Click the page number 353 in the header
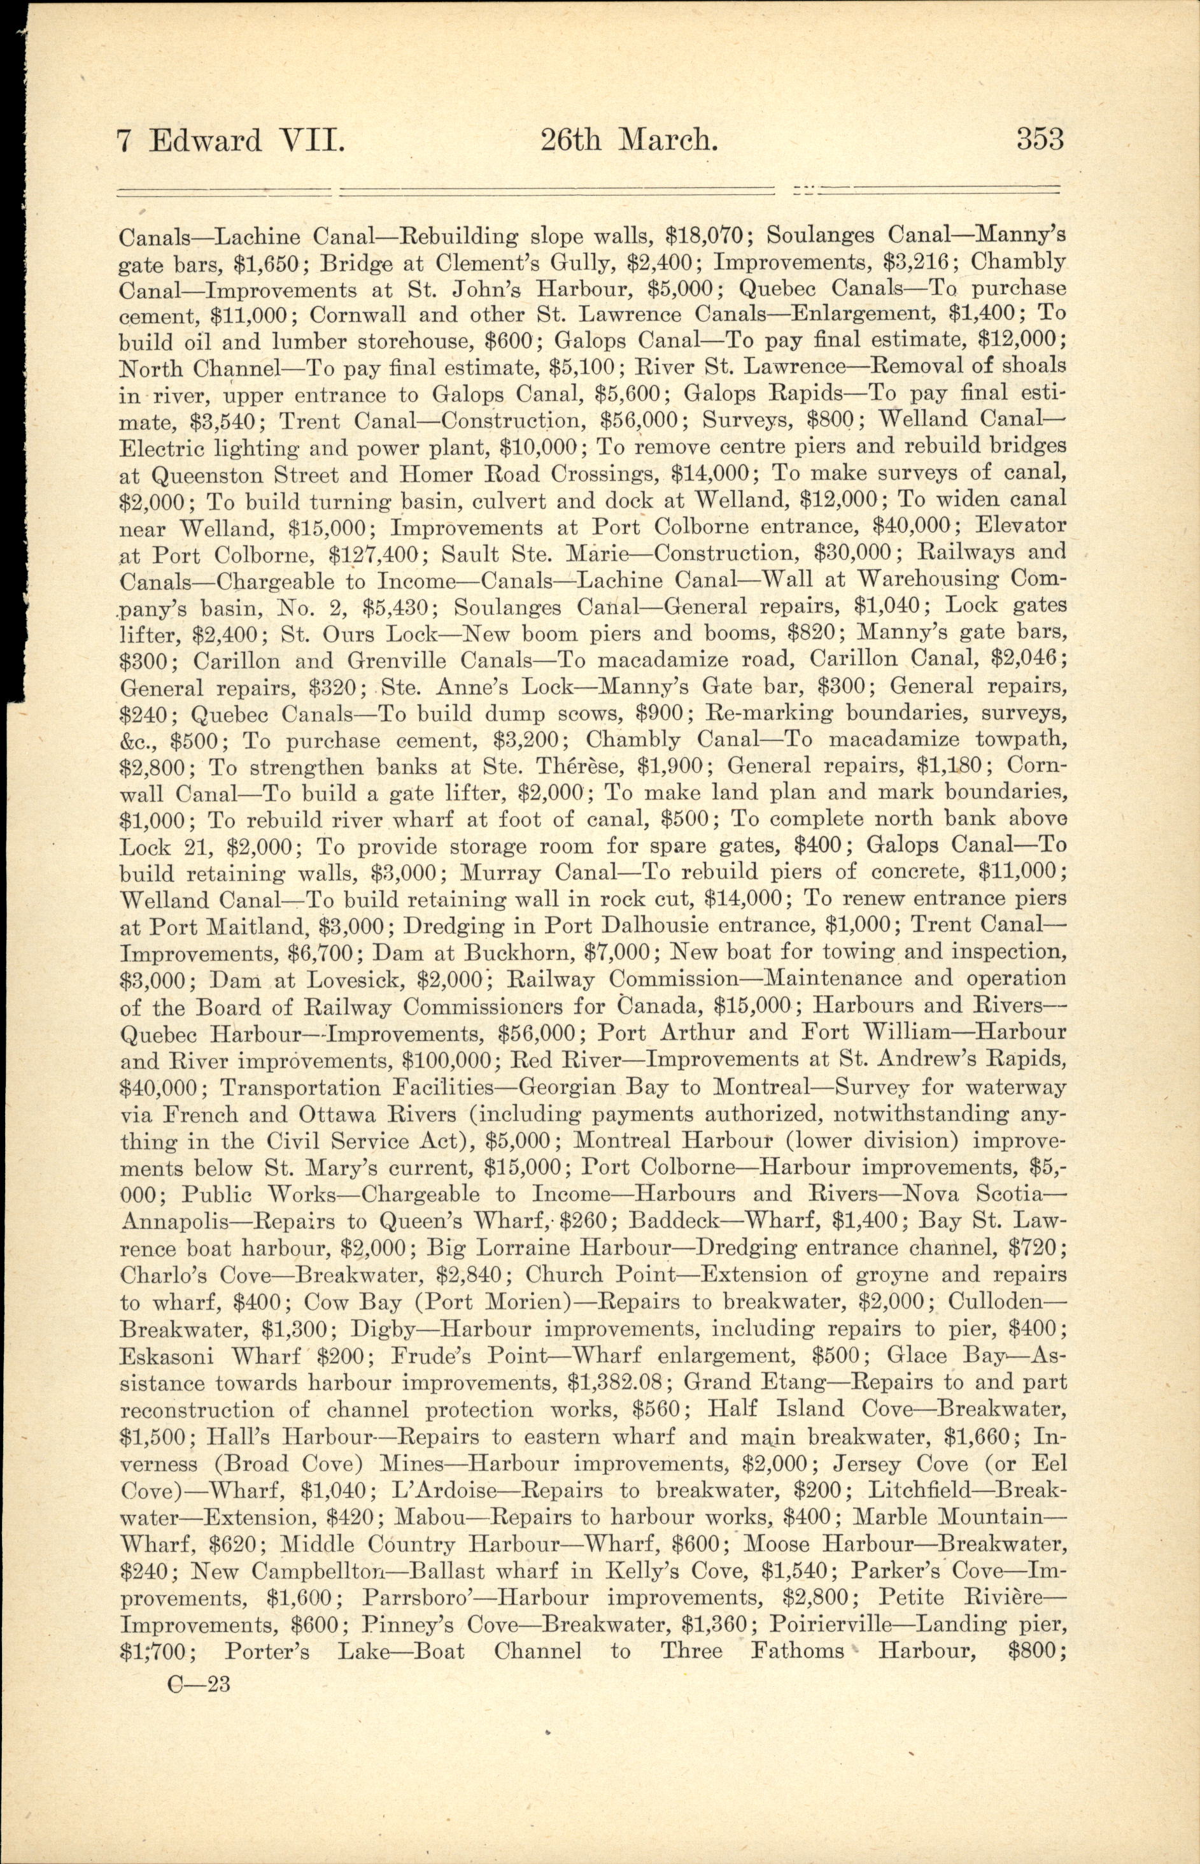coord(1040,140)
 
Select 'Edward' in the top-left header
coord(206,141)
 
